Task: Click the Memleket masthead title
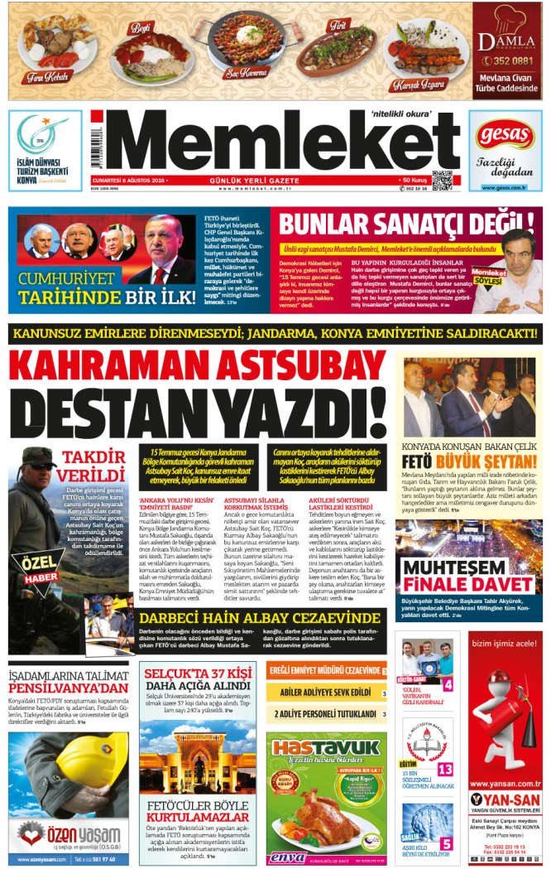click(273, 146)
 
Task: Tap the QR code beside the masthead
click(442, 180)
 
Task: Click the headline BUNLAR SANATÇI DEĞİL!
click(405, 224)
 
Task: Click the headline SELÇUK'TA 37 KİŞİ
click(199, 673)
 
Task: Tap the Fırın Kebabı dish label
click(47, 76)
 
